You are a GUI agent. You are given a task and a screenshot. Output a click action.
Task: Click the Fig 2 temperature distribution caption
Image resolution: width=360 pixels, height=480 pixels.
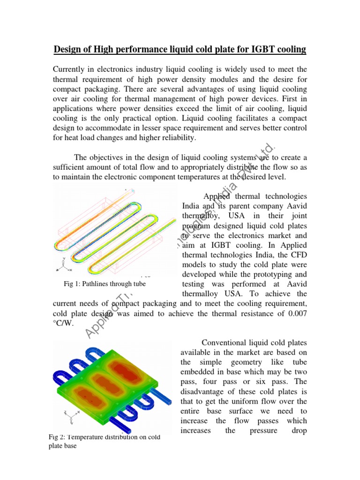pos(104,441)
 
